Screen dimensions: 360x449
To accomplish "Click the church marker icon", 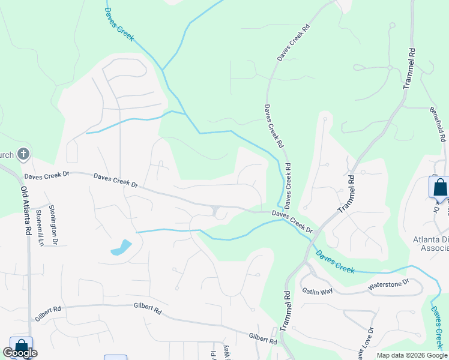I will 23,155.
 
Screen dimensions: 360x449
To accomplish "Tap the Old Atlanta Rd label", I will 26,210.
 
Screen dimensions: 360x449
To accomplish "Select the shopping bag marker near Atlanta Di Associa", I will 439,187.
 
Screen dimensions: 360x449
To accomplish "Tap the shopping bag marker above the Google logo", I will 21,346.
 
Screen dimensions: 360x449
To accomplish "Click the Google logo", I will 20,353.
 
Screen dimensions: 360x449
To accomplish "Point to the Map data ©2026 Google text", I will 411,355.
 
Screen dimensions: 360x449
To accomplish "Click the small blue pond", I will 121,248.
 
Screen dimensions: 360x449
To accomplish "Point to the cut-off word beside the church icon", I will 7,155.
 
